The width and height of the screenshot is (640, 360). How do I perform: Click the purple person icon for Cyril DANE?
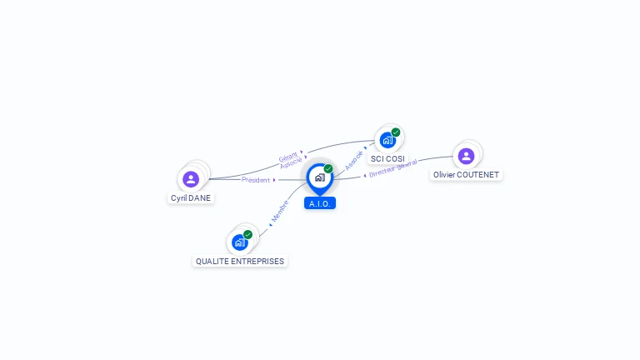click(x=191, y=178)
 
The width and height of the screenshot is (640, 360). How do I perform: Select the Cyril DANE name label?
click(x=191, y=198)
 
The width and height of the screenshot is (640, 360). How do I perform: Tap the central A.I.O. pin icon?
click(x=319, y=177)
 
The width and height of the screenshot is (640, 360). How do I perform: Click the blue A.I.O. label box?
click(x=320, y=203)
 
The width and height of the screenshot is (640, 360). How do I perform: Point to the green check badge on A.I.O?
click(x=328, y=168)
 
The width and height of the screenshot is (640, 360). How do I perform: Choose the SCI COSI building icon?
click(x=387, y=140)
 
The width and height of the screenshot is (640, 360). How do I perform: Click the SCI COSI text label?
click(x=387, y=158)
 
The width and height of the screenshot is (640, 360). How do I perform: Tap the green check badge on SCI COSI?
click(x=396, y=132)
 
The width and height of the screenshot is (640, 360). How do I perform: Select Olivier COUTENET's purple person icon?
click(x=466, y=155)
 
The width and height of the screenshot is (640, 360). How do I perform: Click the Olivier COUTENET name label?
click(x=466, y=175)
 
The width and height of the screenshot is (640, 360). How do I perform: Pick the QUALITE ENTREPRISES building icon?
click(x=240, y=242)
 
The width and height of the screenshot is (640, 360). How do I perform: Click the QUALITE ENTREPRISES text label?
click(x=240, y=261)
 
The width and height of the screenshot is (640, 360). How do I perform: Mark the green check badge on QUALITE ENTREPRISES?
click(x=247, y=234)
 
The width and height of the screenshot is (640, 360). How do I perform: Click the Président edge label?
click(x=256, y=180)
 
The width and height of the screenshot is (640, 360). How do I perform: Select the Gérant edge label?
click(x=287, y=157)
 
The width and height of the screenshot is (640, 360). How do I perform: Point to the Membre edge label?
click(x=280, y=212)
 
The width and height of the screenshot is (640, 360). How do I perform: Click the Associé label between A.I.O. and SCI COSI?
click(x=354, y=160)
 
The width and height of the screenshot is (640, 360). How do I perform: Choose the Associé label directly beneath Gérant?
click(x=291, y=163)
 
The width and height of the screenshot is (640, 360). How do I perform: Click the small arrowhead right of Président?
click(x=274, y=180)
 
